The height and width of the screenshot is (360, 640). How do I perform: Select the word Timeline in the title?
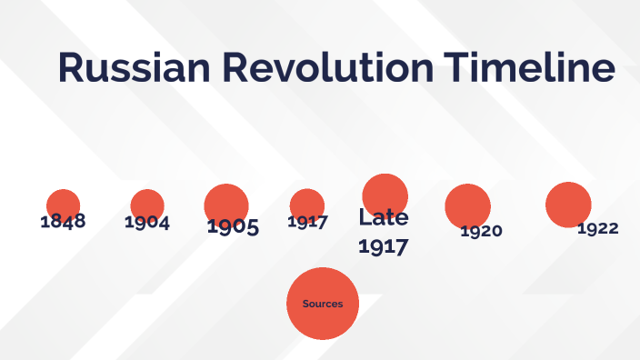point(529,69)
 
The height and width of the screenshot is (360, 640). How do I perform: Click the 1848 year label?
point(63,221)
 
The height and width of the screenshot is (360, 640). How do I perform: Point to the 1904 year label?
point(147,222)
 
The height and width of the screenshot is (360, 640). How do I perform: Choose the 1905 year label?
point(233,226)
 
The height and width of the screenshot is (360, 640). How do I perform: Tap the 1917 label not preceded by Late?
point(307,221)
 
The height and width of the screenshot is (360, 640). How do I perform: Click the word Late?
point(383,217)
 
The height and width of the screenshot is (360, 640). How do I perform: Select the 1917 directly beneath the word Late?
point(383,245)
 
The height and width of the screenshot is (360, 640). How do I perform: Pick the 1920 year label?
point(481,231)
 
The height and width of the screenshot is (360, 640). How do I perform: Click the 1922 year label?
point(597,228)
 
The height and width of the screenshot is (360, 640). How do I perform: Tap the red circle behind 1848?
point(63,204)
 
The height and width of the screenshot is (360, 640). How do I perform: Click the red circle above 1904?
point(147,204)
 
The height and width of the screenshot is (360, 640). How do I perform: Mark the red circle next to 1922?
point(568,204)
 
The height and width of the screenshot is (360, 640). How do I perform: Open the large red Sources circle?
point(323,318)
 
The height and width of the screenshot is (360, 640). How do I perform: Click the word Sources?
point(323,304)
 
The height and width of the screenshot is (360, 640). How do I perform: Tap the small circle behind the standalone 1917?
point(307,204)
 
